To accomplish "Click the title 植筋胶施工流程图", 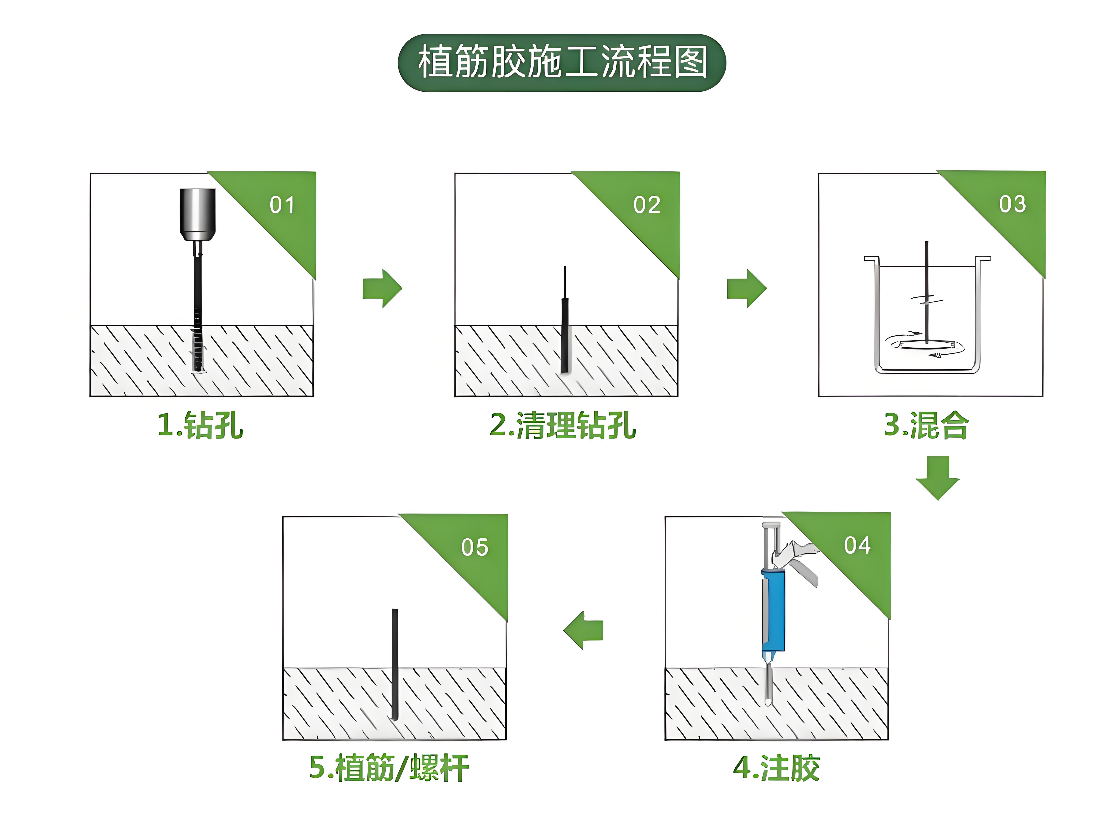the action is coord(562,62).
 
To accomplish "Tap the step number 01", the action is coord(282,205).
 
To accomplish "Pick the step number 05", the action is coord(475,547).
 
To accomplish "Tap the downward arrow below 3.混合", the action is coord(937,477).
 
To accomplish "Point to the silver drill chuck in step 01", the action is coord(198,215).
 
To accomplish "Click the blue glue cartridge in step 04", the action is coord(773,610).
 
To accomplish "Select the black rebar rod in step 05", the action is coord(395,664).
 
